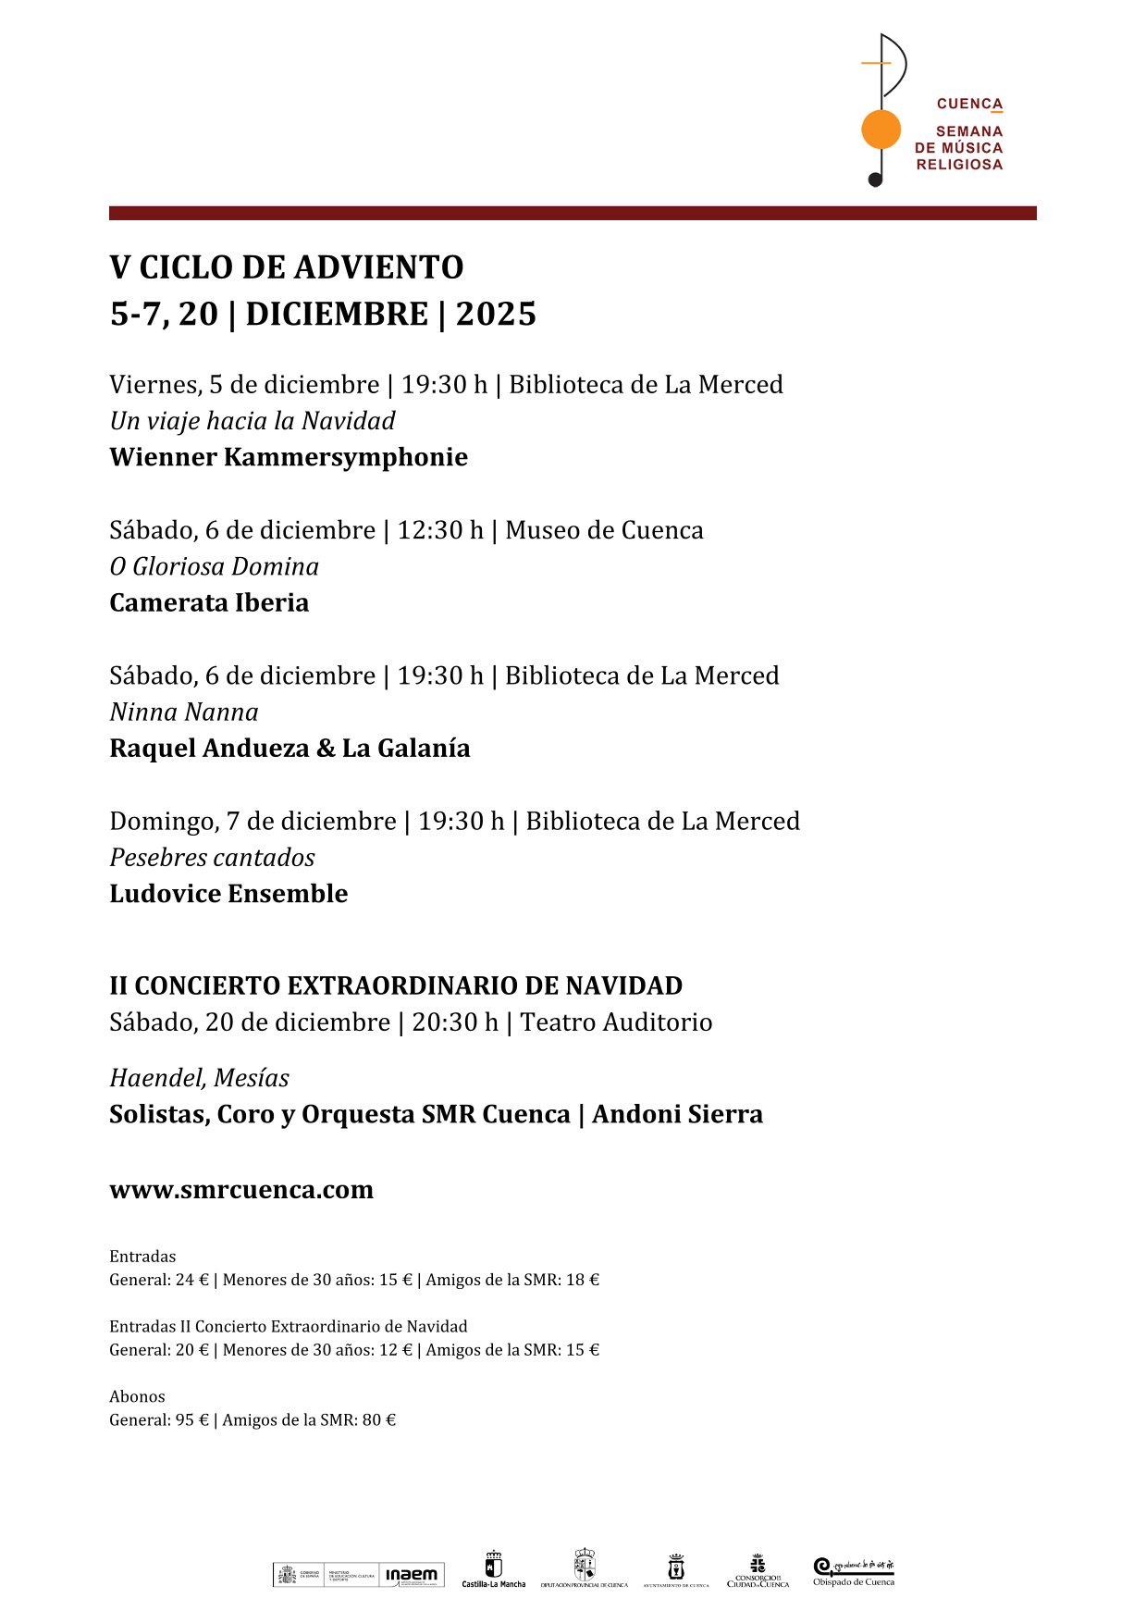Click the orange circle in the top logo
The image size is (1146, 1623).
pos(881,130)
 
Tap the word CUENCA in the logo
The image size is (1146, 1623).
pos(969,104)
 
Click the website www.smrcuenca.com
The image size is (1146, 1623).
pos(241,1190)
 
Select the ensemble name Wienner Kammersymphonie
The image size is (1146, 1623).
pos(289,457)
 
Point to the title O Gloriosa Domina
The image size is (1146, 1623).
pos(214,566)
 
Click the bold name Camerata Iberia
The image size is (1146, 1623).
pos(209,602)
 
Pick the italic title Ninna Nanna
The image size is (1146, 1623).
pos(184,712)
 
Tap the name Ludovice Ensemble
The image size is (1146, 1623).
pos(228,894)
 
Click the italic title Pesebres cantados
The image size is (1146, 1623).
pos(212,858)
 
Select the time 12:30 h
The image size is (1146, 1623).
pos(440,530)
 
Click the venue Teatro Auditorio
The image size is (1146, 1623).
pos(616,1022)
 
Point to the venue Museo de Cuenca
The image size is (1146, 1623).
pos(604,530)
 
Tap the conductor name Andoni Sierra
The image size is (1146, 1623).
pos(677,1114)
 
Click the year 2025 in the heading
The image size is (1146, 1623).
pos(496,315)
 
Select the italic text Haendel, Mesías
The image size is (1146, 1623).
pos(199,1078)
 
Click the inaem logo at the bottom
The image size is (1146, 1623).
pos(412,1575)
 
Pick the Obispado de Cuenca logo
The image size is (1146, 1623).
pos(854,1571)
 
